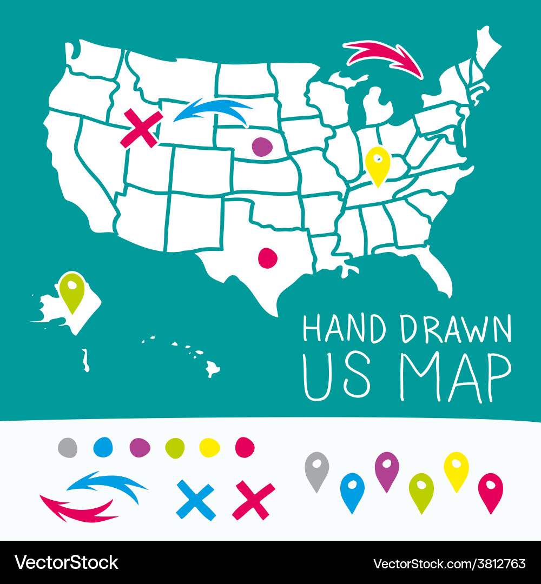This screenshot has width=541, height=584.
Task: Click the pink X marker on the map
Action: [x=141, y=128]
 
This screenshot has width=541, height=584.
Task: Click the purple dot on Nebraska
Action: [x=262, y=147]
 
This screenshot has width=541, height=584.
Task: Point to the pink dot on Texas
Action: [x=268, y=258]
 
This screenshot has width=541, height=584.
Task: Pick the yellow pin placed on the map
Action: [x=377, y=165]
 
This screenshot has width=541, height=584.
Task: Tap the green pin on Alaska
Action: [x=72, y=291]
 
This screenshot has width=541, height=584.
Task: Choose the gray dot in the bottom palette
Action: [x=68, y=447]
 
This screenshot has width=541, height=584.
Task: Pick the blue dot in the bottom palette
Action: [x=102, y=447]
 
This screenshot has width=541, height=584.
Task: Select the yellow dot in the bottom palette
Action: [x=209, y=447]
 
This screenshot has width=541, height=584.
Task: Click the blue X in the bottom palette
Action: [x=196, y=500]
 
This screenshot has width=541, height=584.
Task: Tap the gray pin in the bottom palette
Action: [x=317, y=469]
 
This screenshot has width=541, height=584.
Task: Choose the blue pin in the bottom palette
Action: [x=352, y=490]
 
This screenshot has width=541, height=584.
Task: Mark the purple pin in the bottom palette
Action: [x=387, y=469]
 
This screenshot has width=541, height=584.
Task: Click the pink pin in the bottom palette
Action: [x=491, y=490]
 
